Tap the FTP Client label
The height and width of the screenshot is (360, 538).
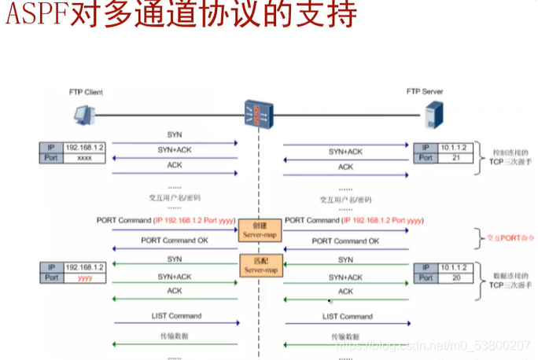84,92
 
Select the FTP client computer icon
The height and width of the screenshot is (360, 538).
83,116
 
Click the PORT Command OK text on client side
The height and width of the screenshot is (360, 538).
174,240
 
